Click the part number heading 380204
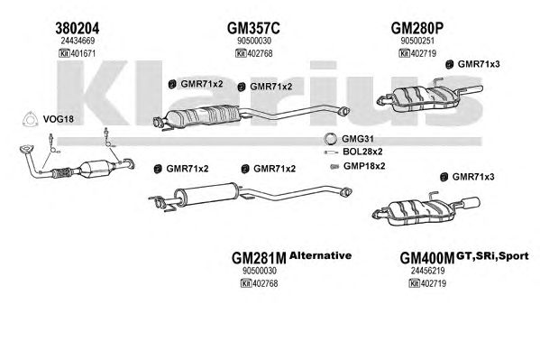pyautogui.click(x=78, y=28)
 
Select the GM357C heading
pyautogui.click(x=253, y=28)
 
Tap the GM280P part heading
pyautogui.click(x=416, y=28)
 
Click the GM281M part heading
pyautogui.click(x=259, y=258)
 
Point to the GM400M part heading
pyautogui.click(x=427, y=258)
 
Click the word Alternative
pyautogui.click(x=321, y=255)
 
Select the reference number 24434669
pyautogui.click(x=78, y=41)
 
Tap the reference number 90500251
pyautogui.click(x=417, y=41)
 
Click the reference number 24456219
pyautogui.click(x=427, y=271)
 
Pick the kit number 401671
pyautogui.click(x=83, y=53)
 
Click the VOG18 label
pyautogui.click(x=59, y=119)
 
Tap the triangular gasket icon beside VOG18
pyautogui.click(x=30, y=119)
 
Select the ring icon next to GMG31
pyautogui.click(x=330, y=139)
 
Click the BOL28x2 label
pyautogui.click(x=362, y=152)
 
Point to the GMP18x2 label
pyautogui.click(x=364, y=166)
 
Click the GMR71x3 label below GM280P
pyautogui.click(x=479, y=64)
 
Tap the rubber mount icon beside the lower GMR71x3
pyautogui.click(x=444, y=177)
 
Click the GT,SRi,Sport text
pyautogui.click(x=492, y=256)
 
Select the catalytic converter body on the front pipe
pyautogui.click(x=96, y=169)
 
